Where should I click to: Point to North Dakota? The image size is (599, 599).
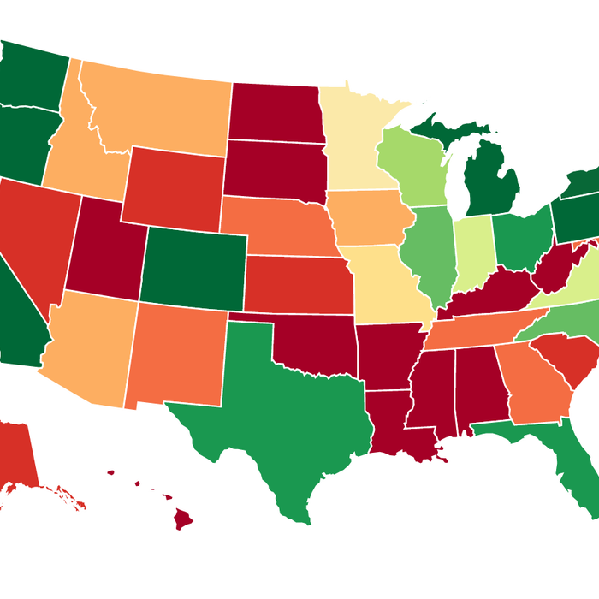click(x=276, y=111)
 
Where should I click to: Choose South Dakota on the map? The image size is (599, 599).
click(x=274, y=167)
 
